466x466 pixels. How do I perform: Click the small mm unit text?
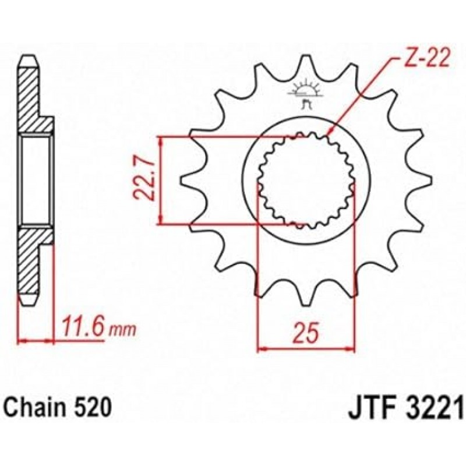pyautogui.click(x=122, y=330)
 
